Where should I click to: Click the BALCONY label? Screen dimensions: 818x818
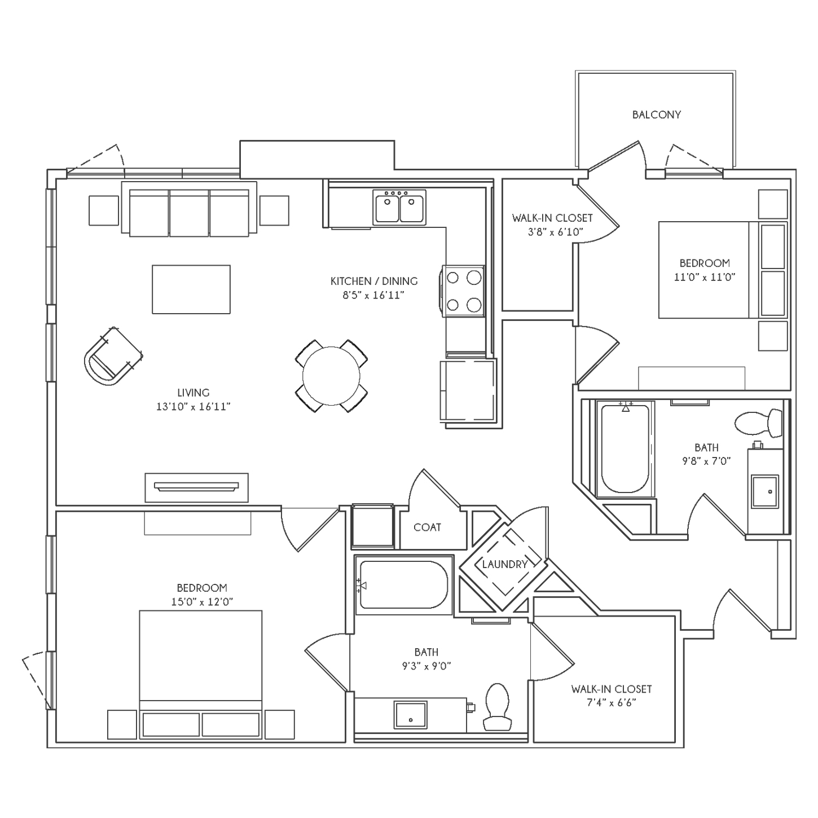click(x=656, y=115)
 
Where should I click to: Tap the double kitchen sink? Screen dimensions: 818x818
click(x=399, y=208)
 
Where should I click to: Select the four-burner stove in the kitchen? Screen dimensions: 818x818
click(x=464, y=291)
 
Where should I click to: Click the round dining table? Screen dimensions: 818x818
click(x=332, y=376)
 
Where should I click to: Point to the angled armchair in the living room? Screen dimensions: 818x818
click(x=113, y=356)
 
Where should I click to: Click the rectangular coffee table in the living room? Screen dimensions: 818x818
click(x=191, y=289)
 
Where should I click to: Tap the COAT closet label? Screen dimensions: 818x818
click(x=427, y=527)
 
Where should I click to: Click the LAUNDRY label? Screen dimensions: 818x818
click(x=504, y=564)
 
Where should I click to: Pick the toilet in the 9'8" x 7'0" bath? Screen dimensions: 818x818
click(x=759, y=423)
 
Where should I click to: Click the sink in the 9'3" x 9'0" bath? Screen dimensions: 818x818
click(x=411, y=715)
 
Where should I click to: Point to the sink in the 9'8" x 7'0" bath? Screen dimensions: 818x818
click(x=765, y=491)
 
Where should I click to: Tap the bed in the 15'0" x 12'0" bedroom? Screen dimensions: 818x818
click(x=201, y=674)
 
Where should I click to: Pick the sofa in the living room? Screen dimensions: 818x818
click(x=189, y=208)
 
